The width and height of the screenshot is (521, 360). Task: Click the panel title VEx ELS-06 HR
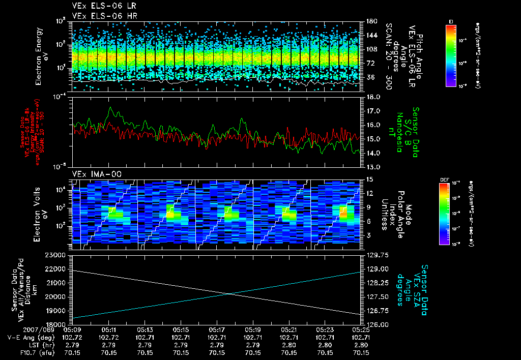coord(100,16)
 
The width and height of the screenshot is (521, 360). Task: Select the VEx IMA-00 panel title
coord(97,174)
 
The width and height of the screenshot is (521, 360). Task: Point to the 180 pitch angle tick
coord(370,21)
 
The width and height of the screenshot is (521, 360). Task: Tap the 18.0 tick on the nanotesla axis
coord(373,97)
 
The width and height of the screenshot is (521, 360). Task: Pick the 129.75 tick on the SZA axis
coord(378,255)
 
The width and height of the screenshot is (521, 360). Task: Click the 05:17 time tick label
coord(217,329)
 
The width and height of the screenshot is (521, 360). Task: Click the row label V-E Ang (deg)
coord(29,337)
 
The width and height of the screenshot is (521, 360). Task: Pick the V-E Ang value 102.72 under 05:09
coord(74,337)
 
